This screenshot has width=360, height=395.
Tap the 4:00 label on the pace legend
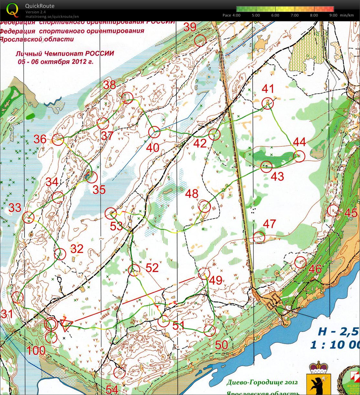[x=236, y=15]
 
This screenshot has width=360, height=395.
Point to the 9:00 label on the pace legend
[x=333, y=15]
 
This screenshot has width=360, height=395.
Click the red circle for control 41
[x=268, y=103]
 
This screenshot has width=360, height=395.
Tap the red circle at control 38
[x=128, y=98]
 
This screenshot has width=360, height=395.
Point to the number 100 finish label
[x=36, y=350]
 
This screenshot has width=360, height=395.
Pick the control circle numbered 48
[x=205, y=206]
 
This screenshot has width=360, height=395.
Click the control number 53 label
[x=116, y=226]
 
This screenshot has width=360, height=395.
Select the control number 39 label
[x=190, y=27]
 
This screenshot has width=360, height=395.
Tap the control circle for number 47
[x=259, y=237]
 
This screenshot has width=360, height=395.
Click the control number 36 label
[x=40, y=139]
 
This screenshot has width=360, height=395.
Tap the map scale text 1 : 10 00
[x=334, y=345]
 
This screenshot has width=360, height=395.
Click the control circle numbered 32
[x=60, y=254]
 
